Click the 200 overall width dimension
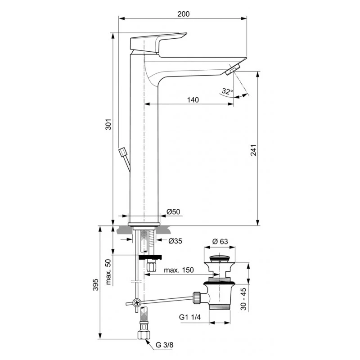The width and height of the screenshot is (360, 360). click(x=183, y=14)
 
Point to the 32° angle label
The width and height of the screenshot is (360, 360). click(x=228, y=91)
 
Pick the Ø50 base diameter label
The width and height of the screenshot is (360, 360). click(x=173, y=211)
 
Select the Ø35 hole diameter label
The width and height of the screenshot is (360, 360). click(x=175, y=241)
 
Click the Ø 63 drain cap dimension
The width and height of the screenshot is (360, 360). click(x=220, y=241)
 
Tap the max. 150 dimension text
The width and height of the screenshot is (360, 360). click(x=179, y=270)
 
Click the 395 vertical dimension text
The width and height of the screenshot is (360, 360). click(x=95, y=284)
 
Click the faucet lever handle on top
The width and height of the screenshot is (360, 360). click(x=157, y=41)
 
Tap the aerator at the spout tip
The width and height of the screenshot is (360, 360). click(x=233, y=69)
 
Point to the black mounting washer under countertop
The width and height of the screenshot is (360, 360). click(x=149, y=258)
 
